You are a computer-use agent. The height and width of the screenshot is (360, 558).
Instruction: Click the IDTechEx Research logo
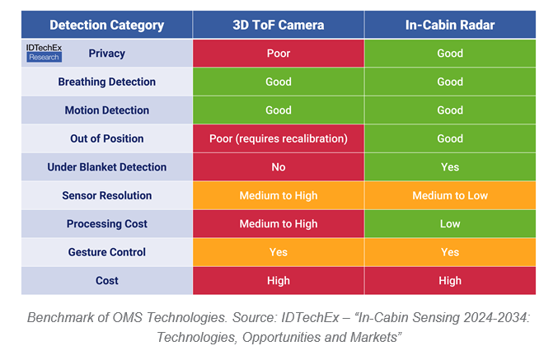tap(44, 53)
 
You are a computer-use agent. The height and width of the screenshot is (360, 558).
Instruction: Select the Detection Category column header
tap(106, 24)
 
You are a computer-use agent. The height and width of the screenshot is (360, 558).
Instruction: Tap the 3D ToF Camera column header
tap(279, 24)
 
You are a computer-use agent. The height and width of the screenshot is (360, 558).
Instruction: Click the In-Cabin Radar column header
tap(450, 24)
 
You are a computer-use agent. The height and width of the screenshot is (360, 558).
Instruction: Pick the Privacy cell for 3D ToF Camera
tap(279, 54)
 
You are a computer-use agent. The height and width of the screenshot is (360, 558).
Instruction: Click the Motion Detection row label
tap(107, 110)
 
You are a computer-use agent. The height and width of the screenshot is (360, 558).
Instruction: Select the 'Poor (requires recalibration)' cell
tap(279, 138)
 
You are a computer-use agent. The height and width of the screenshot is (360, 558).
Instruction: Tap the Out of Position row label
tap(107, 138)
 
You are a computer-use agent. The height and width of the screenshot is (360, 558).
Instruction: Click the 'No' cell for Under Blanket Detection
tap(279, 167)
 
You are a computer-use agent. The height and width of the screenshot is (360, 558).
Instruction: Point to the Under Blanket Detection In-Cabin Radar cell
tap(450, 167)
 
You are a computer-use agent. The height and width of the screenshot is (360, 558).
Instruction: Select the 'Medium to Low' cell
tap(450, 195)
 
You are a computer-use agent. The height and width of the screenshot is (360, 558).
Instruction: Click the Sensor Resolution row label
tap(107, 195)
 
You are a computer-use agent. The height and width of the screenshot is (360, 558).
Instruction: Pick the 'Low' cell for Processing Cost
tap(450, 224)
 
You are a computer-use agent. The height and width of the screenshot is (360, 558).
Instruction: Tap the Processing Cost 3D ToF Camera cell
tap(279, 224)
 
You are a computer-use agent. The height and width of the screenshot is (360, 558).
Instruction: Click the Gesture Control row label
tap(107, 252)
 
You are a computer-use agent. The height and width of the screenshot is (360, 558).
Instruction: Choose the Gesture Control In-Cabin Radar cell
tap(450, 252)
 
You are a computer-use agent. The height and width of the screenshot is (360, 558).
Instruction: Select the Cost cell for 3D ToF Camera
tap(279, 281)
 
